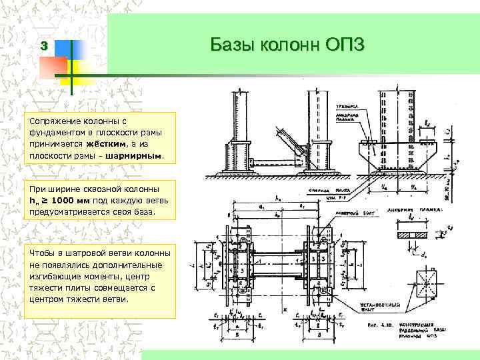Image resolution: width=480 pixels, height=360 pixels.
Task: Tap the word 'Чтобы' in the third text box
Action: pyautogui.click(x=41, y=253)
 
